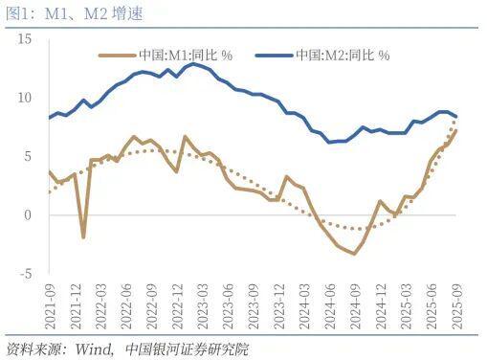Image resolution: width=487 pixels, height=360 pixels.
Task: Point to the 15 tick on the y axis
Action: coord(25,39)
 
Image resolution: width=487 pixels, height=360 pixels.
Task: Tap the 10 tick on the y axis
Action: coord(25,98)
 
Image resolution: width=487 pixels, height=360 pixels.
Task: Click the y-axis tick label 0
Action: coord(29,214)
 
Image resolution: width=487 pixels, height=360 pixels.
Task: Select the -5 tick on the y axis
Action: coord(26,273)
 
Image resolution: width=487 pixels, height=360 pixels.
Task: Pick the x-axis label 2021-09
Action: coord(50,304)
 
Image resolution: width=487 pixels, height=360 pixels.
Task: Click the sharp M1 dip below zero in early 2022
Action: coord(83,236)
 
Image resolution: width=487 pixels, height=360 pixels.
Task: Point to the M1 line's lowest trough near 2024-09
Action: coord(354,253)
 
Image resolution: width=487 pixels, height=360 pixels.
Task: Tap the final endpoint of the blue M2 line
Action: coord(455,116)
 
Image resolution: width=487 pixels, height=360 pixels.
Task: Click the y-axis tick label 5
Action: coord(29,156)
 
